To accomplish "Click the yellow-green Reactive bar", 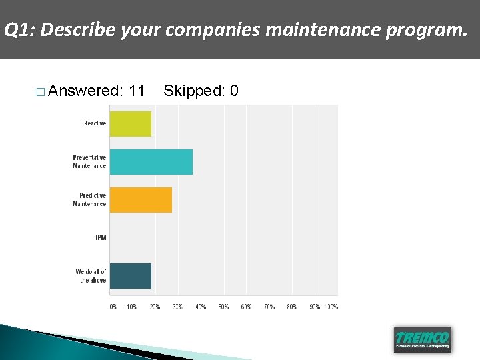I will pos(130,124).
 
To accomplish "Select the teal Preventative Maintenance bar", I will pos(151,162).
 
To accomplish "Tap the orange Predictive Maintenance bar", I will pos(141,200).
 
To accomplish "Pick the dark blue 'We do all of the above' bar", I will pos(130,276).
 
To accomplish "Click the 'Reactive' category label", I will pos(95,123).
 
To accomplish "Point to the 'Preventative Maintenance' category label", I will pos(89,162).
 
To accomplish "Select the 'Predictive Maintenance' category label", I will pos(89,200).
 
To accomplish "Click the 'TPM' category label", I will pos(100,238).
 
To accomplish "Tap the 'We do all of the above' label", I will pos(91,276).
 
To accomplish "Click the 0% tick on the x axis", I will pos(113,307).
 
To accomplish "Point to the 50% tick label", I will pos(223,307).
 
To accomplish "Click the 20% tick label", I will pos(155,307).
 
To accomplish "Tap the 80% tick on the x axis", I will pos(291,307).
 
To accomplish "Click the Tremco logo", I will pos(422,339).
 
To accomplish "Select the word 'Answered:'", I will pos(86,91).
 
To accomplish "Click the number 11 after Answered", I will pos(137,91).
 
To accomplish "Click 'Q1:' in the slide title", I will pos(20,30).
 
